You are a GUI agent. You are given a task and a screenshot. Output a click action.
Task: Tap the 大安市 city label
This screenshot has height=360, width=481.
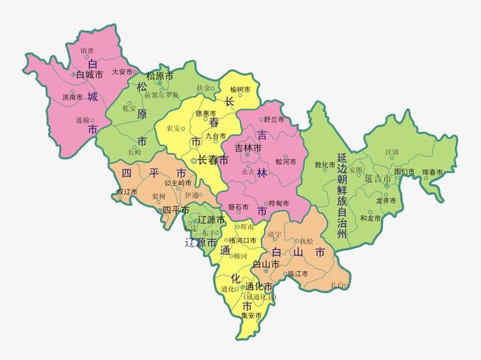point(122,71)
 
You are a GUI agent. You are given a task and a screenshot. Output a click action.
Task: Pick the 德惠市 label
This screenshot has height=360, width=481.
point(206,113)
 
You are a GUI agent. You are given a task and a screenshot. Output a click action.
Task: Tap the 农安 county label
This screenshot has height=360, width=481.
point(173,126)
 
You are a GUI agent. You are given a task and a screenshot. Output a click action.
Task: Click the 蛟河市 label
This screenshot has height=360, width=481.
point(285,161)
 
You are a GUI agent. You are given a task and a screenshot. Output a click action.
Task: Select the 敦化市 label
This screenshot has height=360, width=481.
point(326,165)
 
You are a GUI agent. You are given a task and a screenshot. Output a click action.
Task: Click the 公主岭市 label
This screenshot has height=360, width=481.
point(177,182)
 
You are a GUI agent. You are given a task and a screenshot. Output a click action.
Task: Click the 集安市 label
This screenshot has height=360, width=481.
point(252,315)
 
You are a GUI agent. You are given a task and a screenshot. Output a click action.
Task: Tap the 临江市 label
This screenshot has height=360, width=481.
point(296,273)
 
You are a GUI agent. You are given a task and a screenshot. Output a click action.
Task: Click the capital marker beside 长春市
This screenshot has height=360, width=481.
point(194,160)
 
